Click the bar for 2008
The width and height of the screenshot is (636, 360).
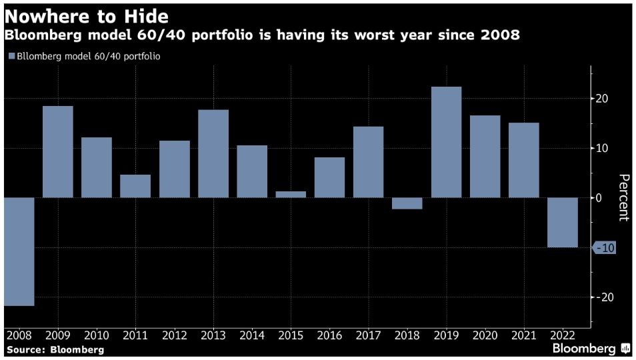coord(19,251)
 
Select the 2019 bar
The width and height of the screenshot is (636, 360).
coord(446,142)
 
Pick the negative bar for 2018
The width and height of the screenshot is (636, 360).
coord(407,203)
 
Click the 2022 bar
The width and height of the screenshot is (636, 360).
coord(563,223)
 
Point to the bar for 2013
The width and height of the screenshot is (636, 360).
coord(213,153)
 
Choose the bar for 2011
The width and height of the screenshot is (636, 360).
coord(135,186)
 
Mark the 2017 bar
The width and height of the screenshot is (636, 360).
coord(369,162)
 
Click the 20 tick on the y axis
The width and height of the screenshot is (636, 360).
coord(602,99)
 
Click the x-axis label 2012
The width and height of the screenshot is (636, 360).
coord(174,336)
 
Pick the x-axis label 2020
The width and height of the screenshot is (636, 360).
coord(485,336)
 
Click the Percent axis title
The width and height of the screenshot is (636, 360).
coord(624,197)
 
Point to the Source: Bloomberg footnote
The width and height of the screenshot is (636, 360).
coord(55,349)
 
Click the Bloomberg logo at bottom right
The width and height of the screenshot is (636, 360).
coord(591,349)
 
